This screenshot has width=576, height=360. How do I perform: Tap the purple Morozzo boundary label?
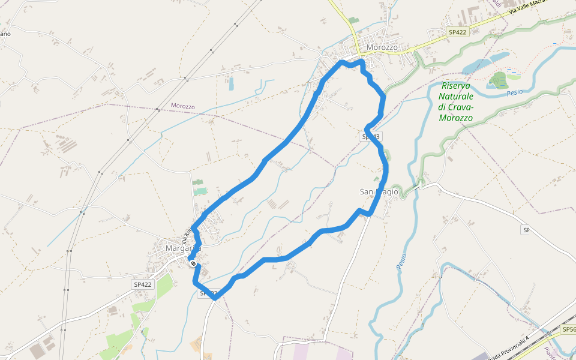pyautogui.click(x=183, y=106)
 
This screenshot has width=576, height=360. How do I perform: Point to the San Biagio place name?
pyautogui.click(x=379, y=191)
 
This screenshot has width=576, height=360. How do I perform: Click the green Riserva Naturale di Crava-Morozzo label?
pyautogui.click(x=456, y=101)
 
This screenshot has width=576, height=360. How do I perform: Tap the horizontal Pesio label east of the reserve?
pyautogui.click(x=515, y=93)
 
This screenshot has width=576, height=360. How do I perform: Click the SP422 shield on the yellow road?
pyautogui.click(x=457, y=32)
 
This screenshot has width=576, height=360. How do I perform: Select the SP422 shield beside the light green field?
pyautogui.click(x=143, y=284)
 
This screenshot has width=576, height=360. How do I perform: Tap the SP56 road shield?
pyautogui.click(x=569, y=330)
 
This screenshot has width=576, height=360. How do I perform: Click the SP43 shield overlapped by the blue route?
pyautogui.click(x=371, y=137)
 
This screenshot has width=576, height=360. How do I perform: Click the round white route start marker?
pyautogui.click(x=193, y=263)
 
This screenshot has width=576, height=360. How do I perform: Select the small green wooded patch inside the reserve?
pyautogui.click(x=497, y=80)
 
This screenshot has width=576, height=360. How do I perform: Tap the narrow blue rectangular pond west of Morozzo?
pyautogui.click(x=231, y=83)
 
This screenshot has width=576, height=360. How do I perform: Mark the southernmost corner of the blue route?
pyautogui.click(x=214, y=297)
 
